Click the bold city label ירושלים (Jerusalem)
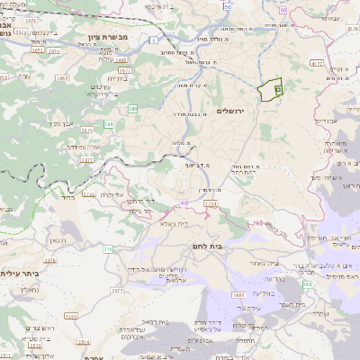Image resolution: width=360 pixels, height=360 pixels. (x=232, y=111)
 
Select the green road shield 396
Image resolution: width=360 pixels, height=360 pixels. (x=110, y=124)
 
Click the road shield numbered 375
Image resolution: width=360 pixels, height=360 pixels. (x=107, y=248)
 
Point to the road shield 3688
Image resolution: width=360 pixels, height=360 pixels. (x=239, y=294)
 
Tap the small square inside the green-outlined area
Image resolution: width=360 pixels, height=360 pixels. (x=277, y=89)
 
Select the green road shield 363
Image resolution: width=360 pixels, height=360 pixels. (x=307, y=284)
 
